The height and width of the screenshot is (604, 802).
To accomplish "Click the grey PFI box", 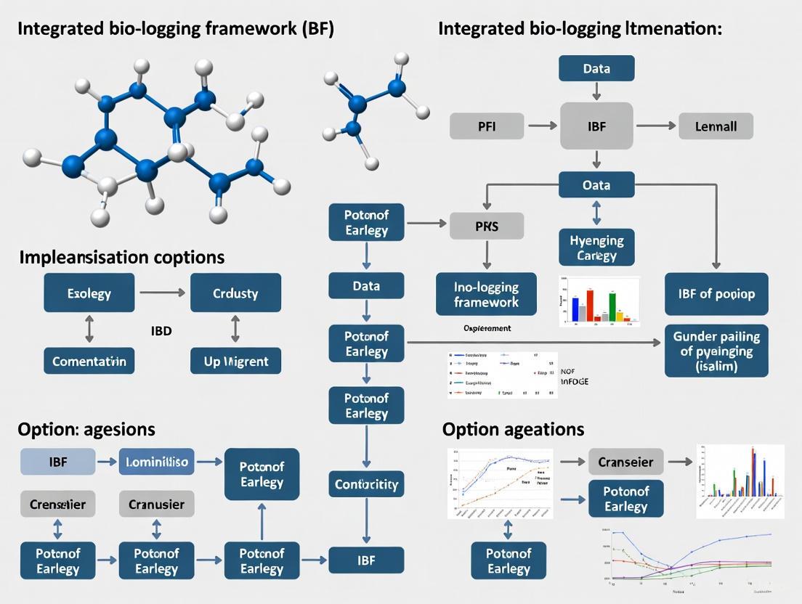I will [487, 126].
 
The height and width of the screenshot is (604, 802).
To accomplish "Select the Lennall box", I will [716, 126].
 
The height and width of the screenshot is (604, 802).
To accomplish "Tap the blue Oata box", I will [596, 185].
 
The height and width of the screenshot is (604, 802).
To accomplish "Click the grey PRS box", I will [487, 226].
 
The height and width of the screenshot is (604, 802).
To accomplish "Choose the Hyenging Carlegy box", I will [596, 247].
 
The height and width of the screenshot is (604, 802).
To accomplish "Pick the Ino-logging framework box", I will [487, 293].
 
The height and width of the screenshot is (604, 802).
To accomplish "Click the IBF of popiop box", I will [716, 294].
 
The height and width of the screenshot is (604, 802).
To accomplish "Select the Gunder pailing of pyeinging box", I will [716, 351].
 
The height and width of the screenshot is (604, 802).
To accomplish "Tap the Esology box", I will [89, 294].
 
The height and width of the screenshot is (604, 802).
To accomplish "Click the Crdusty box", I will [235, 294].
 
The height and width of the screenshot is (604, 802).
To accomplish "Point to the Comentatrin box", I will [89, 361].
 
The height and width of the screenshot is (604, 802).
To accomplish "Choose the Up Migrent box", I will [235, 361].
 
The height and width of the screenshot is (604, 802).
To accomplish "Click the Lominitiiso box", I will [157, 462].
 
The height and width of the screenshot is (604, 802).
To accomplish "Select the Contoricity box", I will [366, 484].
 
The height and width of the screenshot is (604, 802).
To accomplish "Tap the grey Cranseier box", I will [625, 462].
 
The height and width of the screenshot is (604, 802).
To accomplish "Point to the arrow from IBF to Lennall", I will [655, 126].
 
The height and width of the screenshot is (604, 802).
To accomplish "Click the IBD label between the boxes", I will [161, 331].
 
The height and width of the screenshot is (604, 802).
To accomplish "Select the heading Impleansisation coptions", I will [121, 257].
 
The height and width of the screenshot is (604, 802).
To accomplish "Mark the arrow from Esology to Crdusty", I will [162, 293].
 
